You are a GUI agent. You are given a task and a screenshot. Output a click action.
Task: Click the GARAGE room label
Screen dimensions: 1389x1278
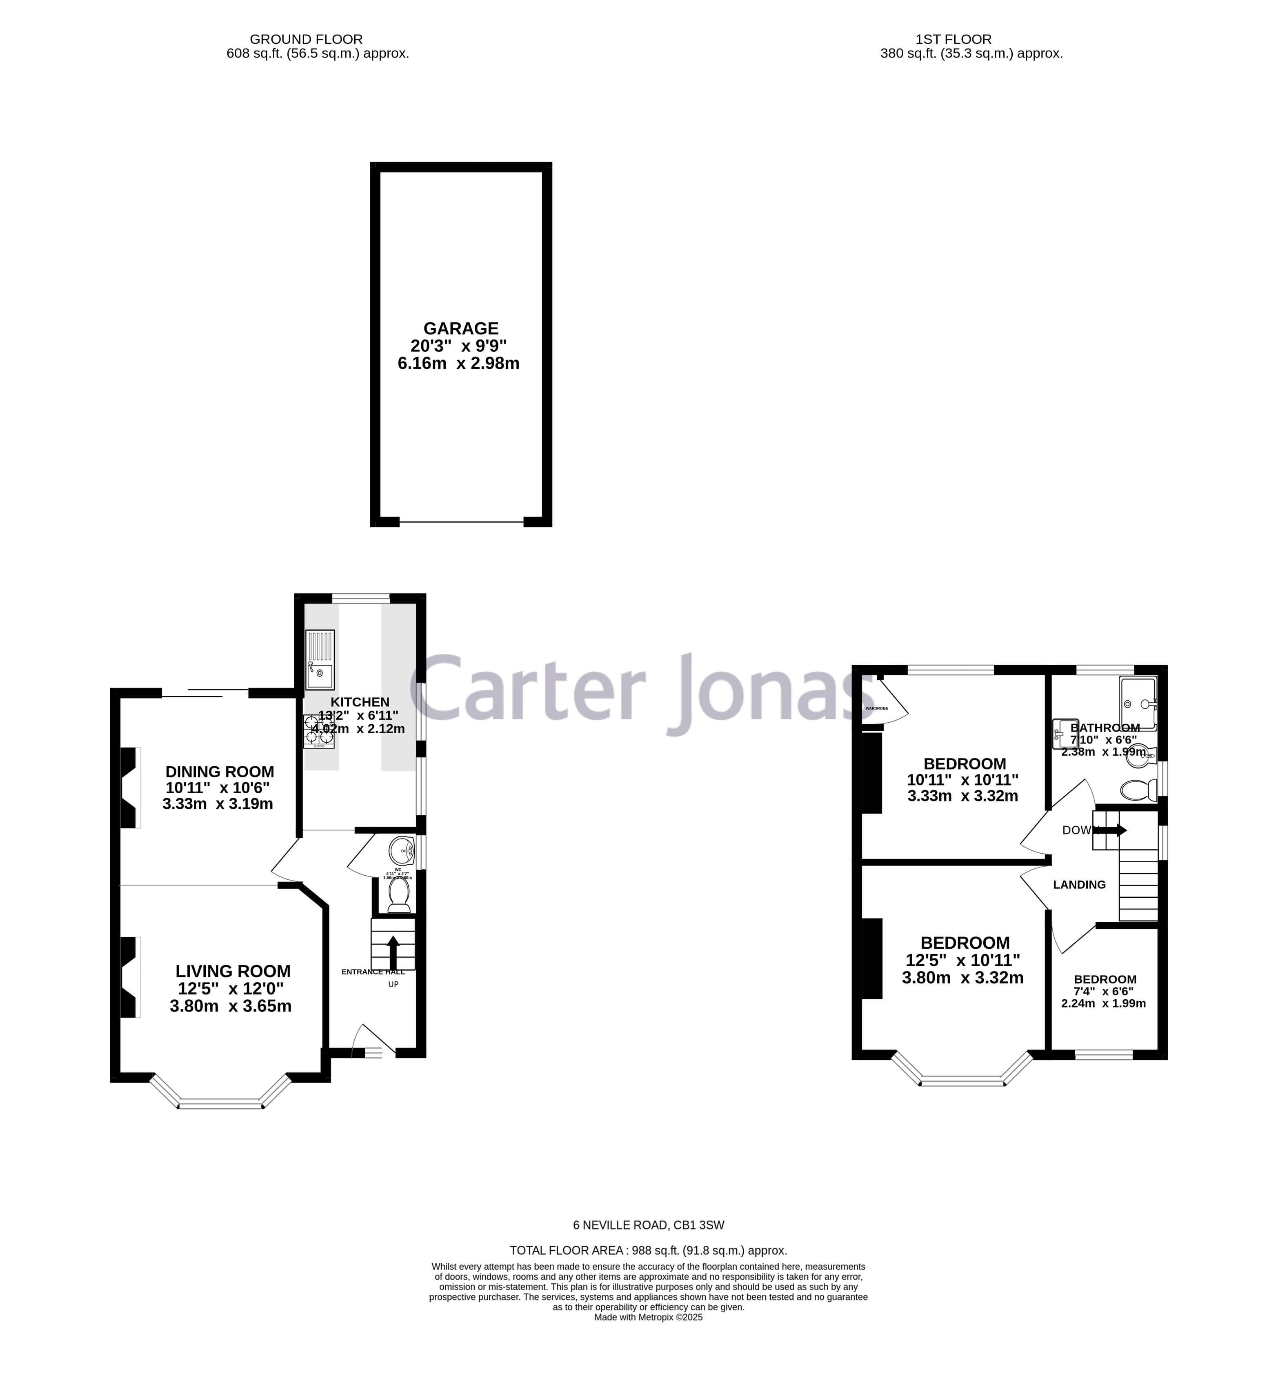(x=460, y=328)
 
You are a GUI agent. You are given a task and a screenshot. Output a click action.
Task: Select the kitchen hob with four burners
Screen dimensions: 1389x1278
(x=319, y=732)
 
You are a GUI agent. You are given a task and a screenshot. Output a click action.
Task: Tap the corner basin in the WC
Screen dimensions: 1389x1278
(x=402, y=849)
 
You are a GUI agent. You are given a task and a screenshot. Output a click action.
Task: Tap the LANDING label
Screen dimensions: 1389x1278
(x=1079, y=884)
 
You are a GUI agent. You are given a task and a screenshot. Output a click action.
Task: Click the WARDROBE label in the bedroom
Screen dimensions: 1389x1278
(x=876, y=708)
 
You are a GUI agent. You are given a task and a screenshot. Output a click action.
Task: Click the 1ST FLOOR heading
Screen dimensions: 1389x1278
(x=971, y=40)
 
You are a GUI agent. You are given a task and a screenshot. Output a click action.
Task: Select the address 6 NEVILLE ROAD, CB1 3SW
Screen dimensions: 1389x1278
(x=648, y=1225)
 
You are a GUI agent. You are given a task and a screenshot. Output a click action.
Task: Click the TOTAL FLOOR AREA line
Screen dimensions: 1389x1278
(x=648, y=1250)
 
